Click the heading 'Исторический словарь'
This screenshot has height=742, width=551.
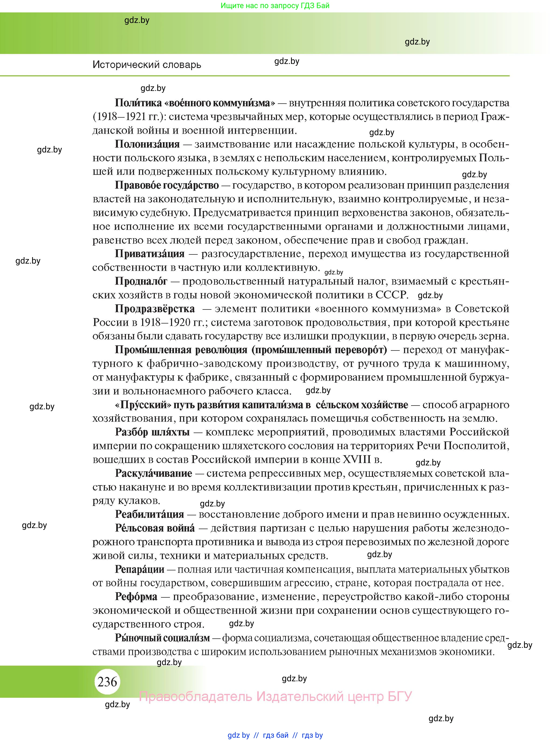click(x=147, y=64)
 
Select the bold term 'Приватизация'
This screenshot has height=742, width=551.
click(x=149, y=254)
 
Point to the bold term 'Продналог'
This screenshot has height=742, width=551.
click(x=141, y=281)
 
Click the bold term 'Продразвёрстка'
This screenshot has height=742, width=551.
click(x=155, y=309)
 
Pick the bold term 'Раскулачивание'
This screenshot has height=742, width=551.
click(x=153, y=473)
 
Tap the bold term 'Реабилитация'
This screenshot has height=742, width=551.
click(x=149, y=514)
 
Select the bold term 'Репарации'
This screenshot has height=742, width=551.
click(x=139, y=569)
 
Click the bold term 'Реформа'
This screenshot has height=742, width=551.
click(x=136, y=597)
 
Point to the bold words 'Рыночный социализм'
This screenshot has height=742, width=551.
click(x=162, y=638)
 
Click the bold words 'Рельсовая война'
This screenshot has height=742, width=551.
click(x=155, y=528)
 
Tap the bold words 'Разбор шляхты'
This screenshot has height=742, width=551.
click(x=152, y=432)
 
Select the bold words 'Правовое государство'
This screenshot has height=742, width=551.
click(x=167, y=185)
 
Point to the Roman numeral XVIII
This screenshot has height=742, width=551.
click(x=357, y=460)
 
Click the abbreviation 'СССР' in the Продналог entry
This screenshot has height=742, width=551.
click(x=392, y=295)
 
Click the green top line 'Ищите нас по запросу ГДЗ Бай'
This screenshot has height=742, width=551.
click(x=275, y=5)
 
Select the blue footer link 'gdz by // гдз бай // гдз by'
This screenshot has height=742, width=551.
click(x=275, y=735)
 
